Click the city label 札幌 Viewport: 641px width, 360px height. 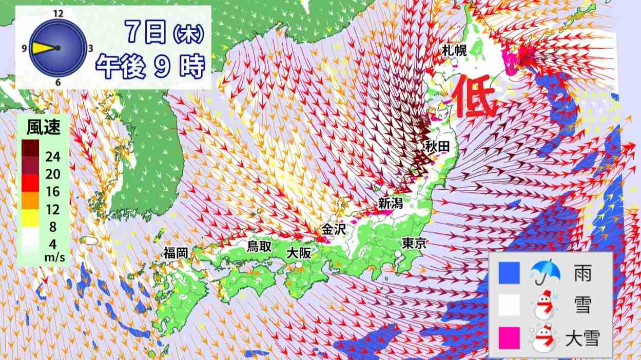click(454, 50)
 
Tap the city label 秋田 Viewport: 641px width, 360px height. click(437, 147)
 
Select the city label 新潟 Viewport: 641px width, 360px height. click(391, 203)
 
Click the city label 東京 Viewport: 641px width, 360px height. click(414, 243)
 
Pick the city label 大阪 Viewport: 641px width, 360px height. click(299, 252)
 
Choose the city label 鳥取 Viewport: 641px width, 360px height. click(259, 246)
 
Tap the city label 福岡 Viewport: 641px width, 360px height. click(176, 252)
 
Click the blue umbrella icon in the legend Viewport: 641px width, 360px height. click(545, 273)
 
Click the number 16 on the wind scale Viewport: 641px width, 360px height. click(52, 192)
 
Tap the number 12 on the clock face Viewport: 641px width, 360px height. click(57, 14)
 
